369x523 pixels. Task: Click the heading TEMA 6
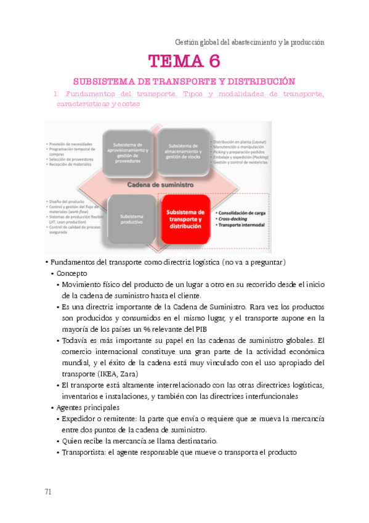184,62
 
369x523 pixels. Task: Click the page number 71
48,492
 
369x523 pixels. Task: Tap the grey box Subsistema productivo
132,220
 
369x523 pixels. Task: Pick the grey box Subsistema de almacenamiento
184,151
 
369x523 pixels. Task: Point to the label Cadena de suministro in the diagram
160,184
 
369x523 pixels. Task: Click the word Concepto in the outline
72,273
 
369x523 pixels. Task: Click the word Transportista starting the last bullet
84,452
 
